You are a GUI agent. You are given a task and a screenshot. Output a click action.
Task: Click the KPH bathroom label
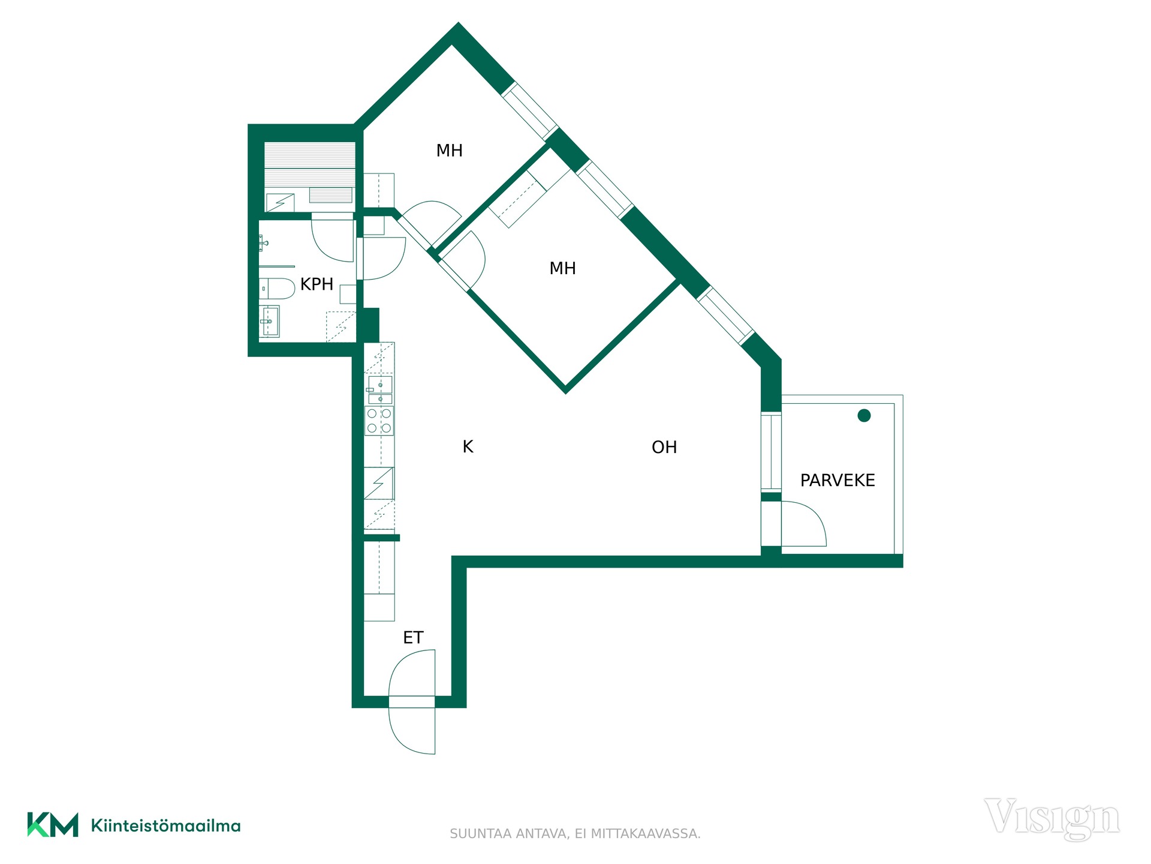317,284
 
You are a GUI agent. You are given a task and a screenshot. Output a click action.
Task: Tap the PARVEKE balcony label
837,480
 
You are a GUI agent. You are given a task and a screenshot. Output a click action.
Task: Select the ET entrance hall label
413,637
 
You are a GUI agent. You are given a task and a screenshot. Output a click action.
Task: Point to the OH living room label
664,447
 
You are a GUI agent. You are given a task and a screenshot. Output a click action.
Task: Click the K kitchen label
468,446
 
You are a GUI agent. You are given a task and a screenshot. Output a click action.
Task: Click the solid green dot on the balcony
864,415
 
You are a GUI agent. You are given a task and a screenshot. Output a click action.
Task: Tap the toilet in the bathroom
277,288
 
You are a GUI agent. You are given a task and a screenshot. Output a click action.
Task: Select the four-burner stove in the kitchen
379,420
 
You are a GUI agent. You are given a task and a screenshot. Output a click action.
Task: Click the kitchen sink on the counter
379,389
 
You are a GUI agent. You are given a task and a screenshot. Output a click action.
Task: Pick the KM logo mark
53,824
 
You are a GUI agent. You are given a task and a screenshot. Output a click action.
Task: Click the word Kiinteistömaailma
165,826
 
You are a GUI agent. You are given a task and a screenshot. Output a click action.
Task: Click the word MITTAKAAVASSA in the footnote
646,834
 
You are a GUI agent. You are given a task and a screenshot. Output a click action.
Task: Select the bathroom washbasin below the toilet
269,322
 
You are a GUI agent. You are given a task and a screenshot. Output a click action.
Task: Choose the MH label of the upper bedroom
450,151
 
